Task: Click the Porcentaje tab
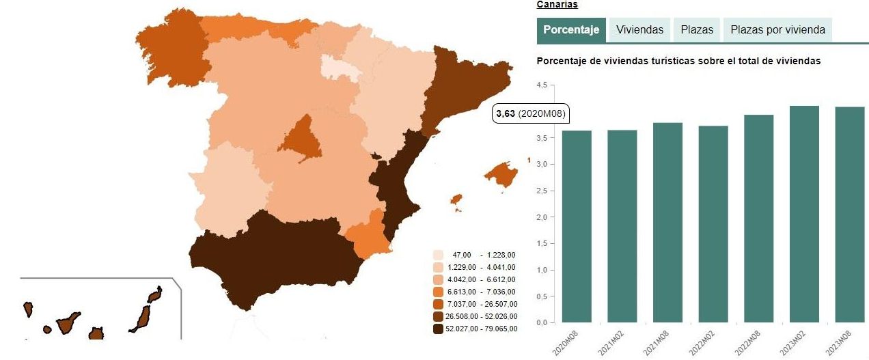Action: (571, 30)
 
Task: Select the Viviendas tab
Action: (639, 30)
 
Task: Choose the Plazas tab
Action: (697, 30)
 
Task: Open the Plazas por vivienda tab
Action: (777, 30)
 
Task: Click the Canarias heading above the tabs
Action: (557, 5)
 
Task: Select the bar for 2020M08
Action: (577, 226)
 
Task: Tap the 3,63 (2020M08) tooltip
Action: (531, 114)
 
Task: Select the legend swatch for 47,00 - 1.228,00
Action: (439, 255)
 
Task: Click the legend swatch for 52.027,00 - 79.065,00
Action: (439, 329)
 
